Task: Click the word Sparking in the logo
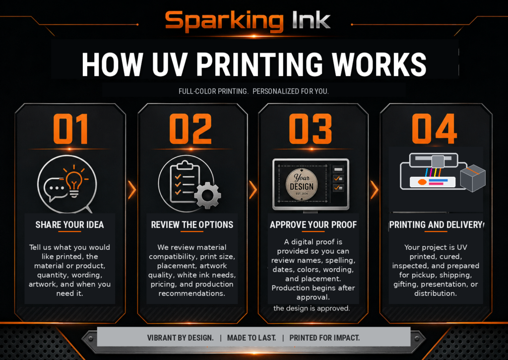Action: click(224, 21)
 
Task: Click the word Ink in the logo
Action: click(311, 20)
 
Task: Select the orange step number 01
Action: click(70, 129)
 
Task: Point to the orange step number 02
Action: click(190, 129)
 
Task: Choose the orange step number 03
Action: click(311, 129)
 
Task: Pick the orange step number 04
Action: click(434, 129)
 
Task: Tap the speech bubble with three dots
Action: click(56, 189)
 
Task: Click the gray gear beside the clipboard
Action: click(208, 195)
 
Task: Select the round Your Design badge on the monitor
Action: click(302, 184)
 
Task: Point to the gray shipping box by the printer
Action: click(473, 178)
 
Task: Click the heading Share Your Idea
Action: click(69, 225)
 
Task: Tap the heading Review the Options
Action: click(192, 225)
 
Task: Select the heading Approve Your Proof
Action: click(314, 225)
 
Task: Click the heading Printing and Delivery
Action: click(436, 225)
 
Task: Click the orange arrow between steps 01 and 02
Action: click(131, 189)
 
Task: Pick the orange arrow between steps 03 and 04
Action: click(374, 189)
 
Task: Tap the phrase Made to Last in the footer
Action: click(252, 338)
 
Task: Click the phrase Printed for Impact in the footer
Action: click(324, 338)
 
